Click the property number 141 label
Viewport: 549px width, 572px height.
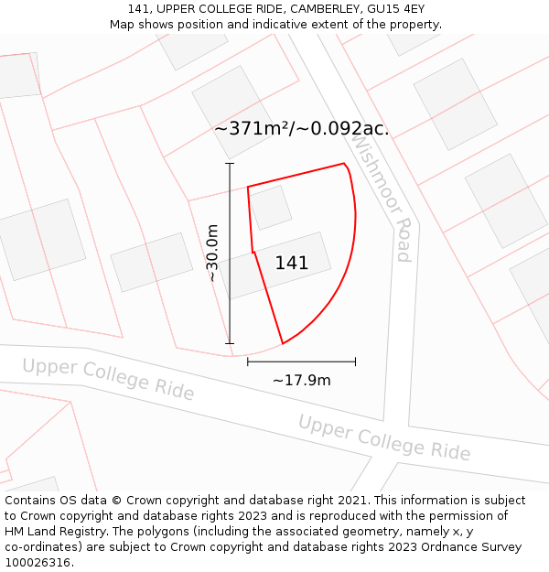click(x=292, y=263)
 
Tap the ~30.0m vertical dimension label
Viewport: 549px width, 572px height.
click(x=212, y=253)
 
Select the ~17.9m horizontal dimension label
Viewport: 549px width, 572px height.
click(x=301, y=380)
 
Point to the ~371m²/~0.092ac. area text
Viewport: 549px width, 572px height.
click(x=301, y=129)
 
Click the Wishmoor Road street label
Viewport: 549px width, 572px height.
click(x=382, y=200)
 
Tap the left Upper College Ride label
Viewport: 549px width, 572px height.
click(x=108, y=379)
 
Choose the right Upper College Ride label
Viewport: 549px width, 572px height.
click(x=384, y=437)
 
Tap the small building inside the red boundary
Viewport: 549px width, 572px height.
click(x=271, y=208)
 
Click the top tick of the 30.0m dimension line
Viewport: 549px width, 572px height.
click(x=230, y=164)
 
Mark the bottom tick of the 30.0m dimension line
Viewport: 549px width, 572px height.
click(x=230, y=344)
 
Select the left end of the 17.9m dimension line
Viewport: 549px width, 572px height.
click(x=248, y=362)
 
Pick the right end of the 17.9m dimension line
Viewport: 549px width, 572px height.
click(x=355, y=362)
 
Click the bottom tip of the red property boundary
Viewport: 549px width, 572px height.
click(x=283, y=344)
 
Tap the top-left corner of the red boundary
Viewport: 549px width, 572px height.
click(x=248, y=187)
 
